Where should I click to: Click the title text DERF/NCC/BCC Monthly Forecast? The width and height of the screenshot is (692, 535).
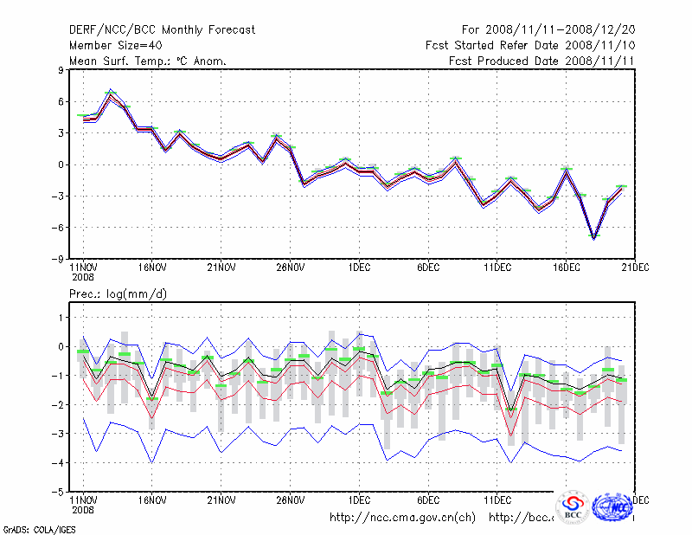[163, 30]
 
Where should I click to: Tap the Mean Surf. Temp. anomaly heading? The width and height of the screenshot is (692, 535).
[148, 61]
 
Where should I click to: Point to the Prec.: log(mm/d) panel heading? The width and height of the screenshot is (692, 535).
[119, 295]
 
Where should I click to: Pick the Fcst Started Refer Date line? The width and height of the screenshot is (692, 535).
[531, 46]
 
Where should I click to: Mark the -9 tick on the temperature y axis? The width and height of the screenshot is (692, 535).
[60, 259]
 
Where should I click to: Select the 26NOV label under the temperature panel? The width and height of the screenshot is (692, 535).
[291, 267]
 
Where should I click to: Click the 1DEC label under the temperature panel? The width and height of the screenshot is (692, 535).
[359, 267]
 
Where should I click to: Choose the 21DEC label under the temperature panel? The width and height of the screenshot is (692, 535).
[635, 267]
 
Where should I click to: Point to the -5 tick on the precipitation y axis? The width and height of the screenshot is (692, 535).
[60, 492]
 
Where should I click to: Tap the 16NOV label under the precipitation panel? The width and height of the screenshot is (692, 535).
[152, 500]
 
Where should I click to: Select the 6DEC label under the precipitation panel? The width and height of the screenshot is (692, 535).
[428, 500]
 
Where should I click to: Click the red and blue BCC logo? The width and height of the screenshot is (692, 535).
[573, 508]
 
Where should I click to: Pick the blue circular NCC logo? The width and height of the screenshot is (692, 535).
[612, 506]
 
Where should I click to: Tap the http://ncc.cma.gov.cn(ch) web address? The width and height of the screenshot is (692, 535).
[403, 518]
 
